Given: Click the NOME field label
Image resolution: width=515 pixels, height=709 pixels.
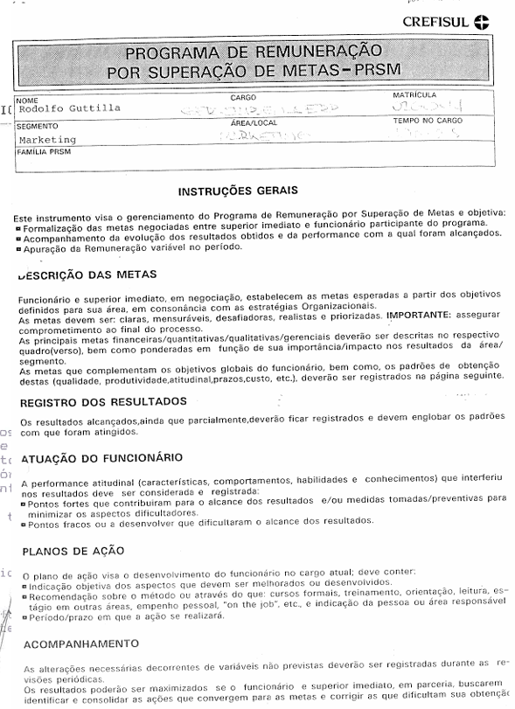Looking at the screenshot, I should (28, 99).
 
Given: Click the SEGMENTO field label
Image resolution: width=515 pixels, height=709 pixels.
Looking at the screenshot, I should (36, 126).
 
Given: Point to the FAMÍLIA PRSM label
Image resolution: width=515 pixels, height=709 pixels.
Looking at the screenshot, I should (41, 151).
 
